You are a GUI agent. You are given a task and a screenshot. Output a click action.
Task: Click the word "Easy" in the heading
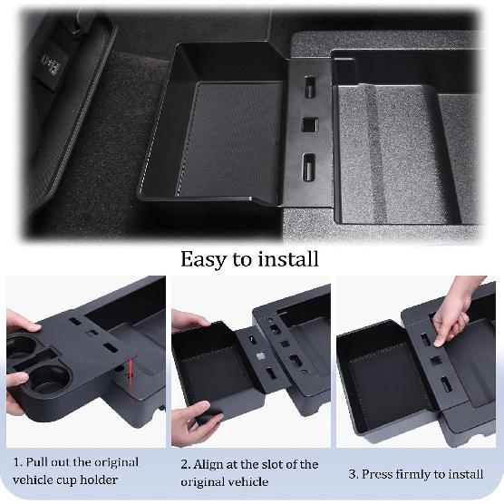point(206,259)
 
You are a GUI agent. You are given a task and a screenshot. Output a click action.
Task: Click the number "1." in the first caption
point(18,461)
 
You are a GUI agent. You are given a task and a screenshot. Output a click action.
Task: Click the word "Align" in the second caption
point(207,464)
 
